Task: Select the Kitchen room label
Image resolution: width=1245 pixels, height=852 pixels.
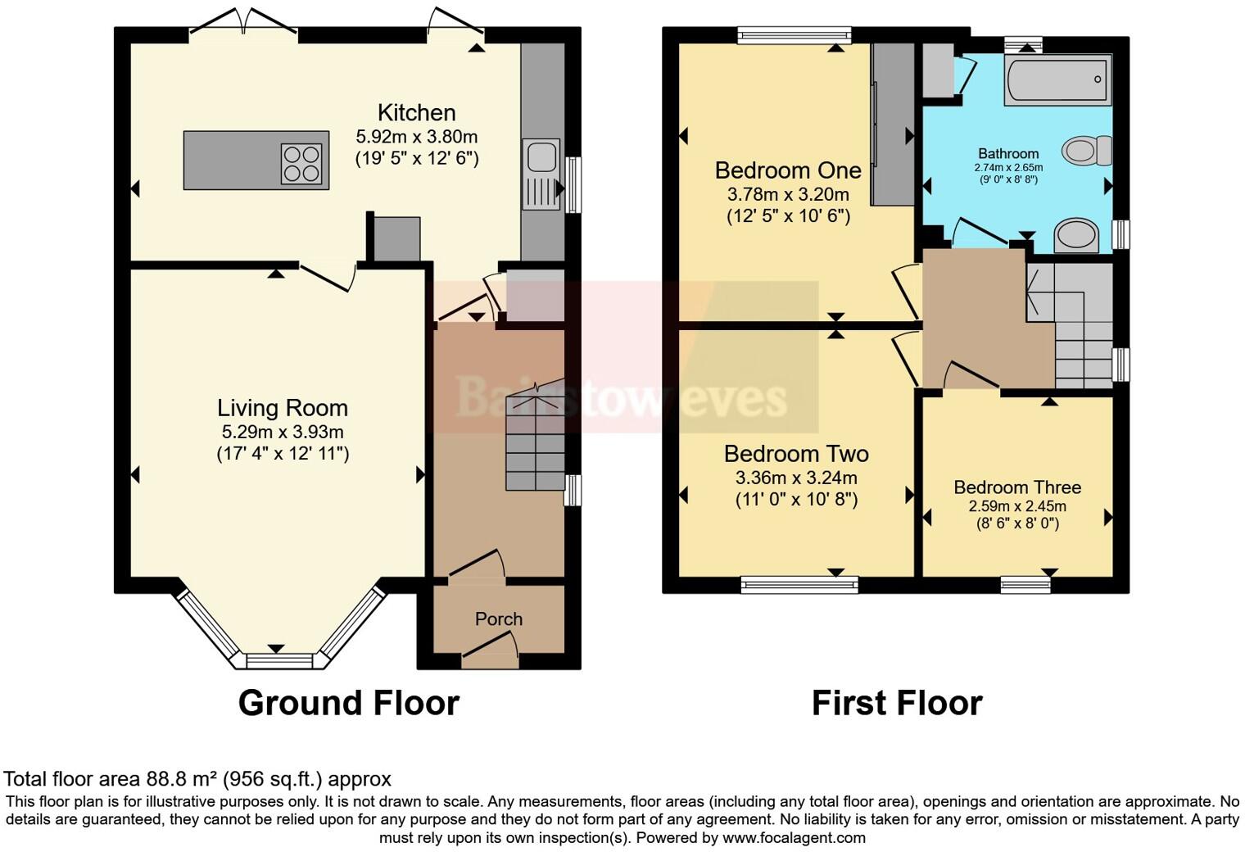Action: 416,113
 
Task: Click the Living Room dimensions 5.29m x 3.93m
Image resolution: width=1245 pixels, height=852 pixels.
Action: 283,432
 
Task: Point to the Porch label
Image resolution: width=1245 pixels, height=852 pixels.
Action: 498,619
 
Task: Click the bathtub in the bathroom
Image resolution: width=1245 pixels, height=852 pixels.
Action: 1057,80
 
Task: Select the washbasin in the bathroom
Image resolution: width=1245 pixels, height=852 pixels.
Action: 1076,234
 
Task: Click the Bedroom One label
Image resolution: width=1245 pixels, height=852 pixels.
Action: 787,170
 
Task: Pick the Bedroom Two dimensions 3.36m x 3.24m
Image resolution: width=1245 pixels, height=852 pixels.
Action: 796,478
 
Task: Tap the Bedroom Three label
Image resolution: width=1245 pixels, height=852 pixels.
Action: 1017,487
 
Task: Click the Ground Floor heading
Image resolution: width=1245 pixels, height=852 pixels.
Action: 348,703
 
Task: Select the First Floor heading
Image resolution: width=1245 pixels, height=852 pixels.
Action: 896,703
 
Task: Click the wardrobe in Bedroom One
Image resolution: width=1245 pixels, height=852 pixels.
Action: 892,123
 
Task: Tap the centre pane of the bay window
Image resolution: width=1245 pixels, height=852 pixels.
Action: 279,659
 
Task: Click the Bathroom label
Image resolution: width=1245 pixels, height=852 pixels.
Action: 1007,153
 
